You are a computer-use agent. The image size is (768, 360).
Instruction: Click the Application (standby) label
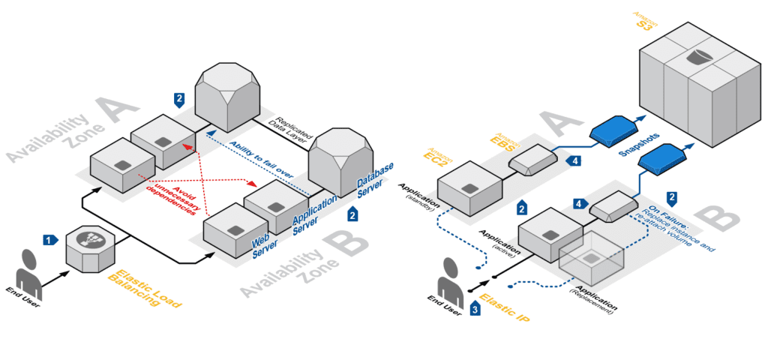coord(418,193)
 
